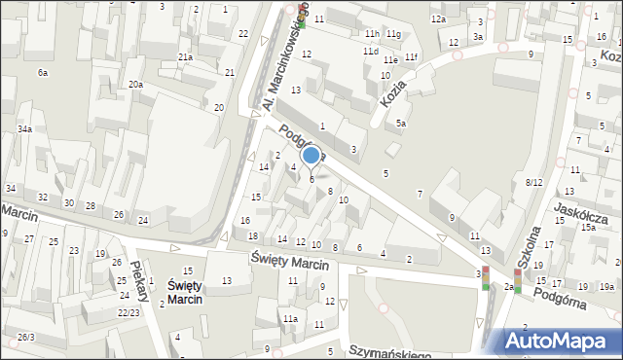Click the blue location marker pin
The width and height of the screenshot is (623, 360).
point(311,157)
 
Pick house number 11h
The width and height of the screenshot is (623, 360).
point(372,33)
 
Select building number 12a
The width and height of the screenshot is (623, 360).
point(438,19)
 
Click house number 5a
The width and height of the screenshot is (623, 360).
point(400,123)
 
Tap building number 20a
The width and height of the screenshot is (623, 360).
point(135,85)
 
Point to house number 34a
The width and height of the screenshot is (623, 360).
point(24,128)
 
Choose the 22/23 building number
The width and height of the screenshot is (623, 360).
point(128,312)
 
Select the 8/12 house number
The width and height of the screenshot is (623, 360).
point(533,182)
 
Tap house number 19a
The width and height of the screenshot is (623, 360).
point(606,286)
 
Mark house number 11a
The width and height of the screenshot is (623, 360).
point(290,318)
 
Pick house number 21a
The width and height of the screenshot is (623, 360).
point(185,57)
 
